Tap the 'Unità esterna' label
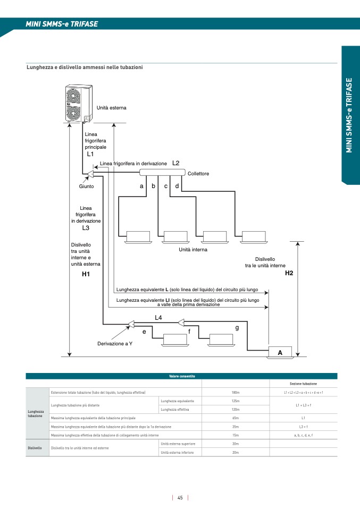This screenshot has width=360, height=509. [x=111, y=108]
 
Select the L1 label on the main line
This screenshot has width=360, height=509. [x=90, y=154]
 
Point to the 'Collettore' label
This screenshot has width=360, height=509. [x=198, y=174]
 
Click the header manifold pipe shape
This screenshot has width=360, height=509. [x=162, y=173]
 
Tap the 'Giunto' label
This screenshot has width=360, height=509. [x=87, y=186]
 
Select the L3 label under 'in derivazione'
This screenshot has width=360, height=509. [x=86, y=227]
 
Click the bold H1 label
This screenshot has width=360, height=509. [x=86, y=274]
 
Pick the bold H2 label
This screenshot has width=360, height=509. [x=289, y=273]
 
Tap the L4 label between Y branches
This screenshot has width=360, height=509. [x=158, y=317]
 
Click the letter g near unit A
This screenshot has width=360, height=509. [x=237, y=328]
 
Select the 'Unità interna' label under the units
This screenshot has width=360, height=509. [x=193, y=249]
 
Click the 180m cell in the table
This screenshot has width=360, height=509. [x=235, y=392]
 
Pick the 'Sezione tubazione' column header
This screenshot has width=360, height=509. [x=303, y=384]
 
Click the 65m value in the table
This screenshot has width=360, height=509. [x=235, y=418]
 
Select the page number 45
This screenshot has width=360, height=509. [x=180, y=498]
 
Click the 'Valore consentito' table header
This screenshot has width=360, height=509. [x=182, y=376]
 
